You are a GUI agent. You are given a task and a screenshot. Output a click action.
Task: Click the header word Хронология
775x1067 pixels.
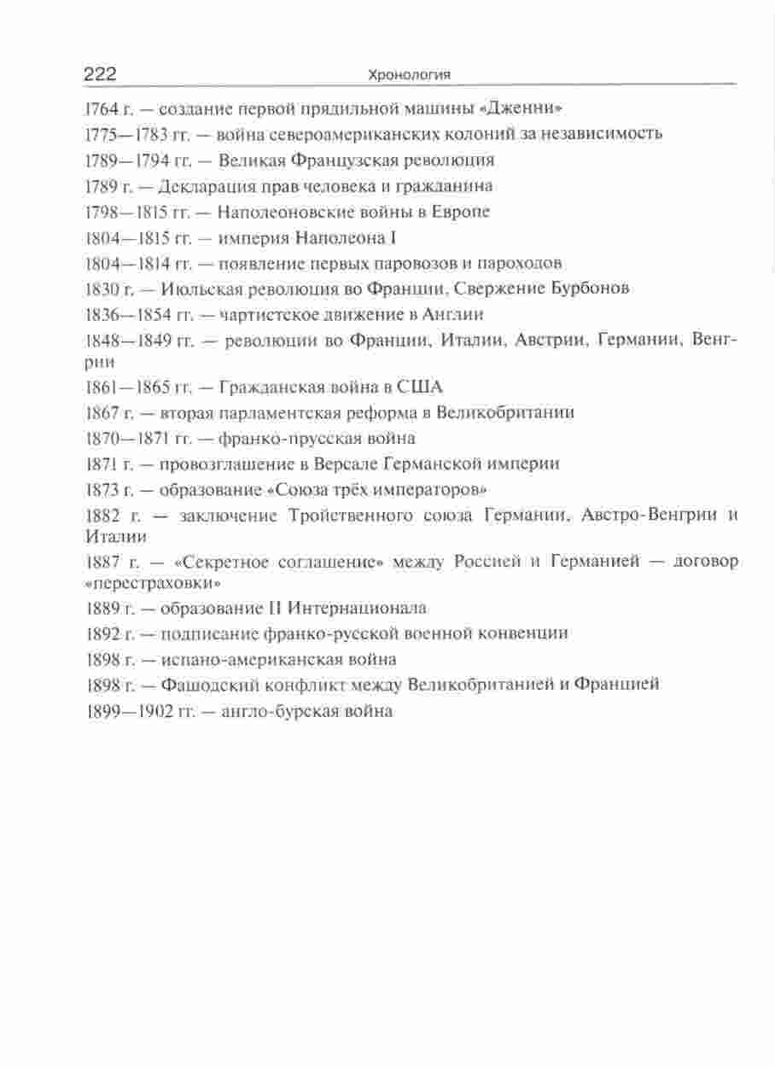click(x=408, y=76)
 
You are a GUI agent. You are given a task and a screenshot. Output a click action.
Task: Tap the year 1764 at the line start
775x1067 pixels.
click(x=103, y=108)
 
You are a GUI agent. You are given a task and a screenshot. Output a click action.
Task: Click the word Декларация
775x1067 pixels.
click(x=207, y=185)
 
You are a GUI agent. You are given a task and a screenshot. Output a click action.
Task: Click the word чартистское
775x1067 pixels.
click(x=265, y=313)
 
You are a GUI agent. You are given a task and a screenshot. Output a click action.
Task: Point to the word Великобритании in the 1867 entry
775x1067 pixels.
click(x=505, y=412)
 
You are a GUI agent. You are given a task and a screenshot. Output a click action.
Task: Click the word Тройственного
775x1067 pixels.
click(x=340, y=516)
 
